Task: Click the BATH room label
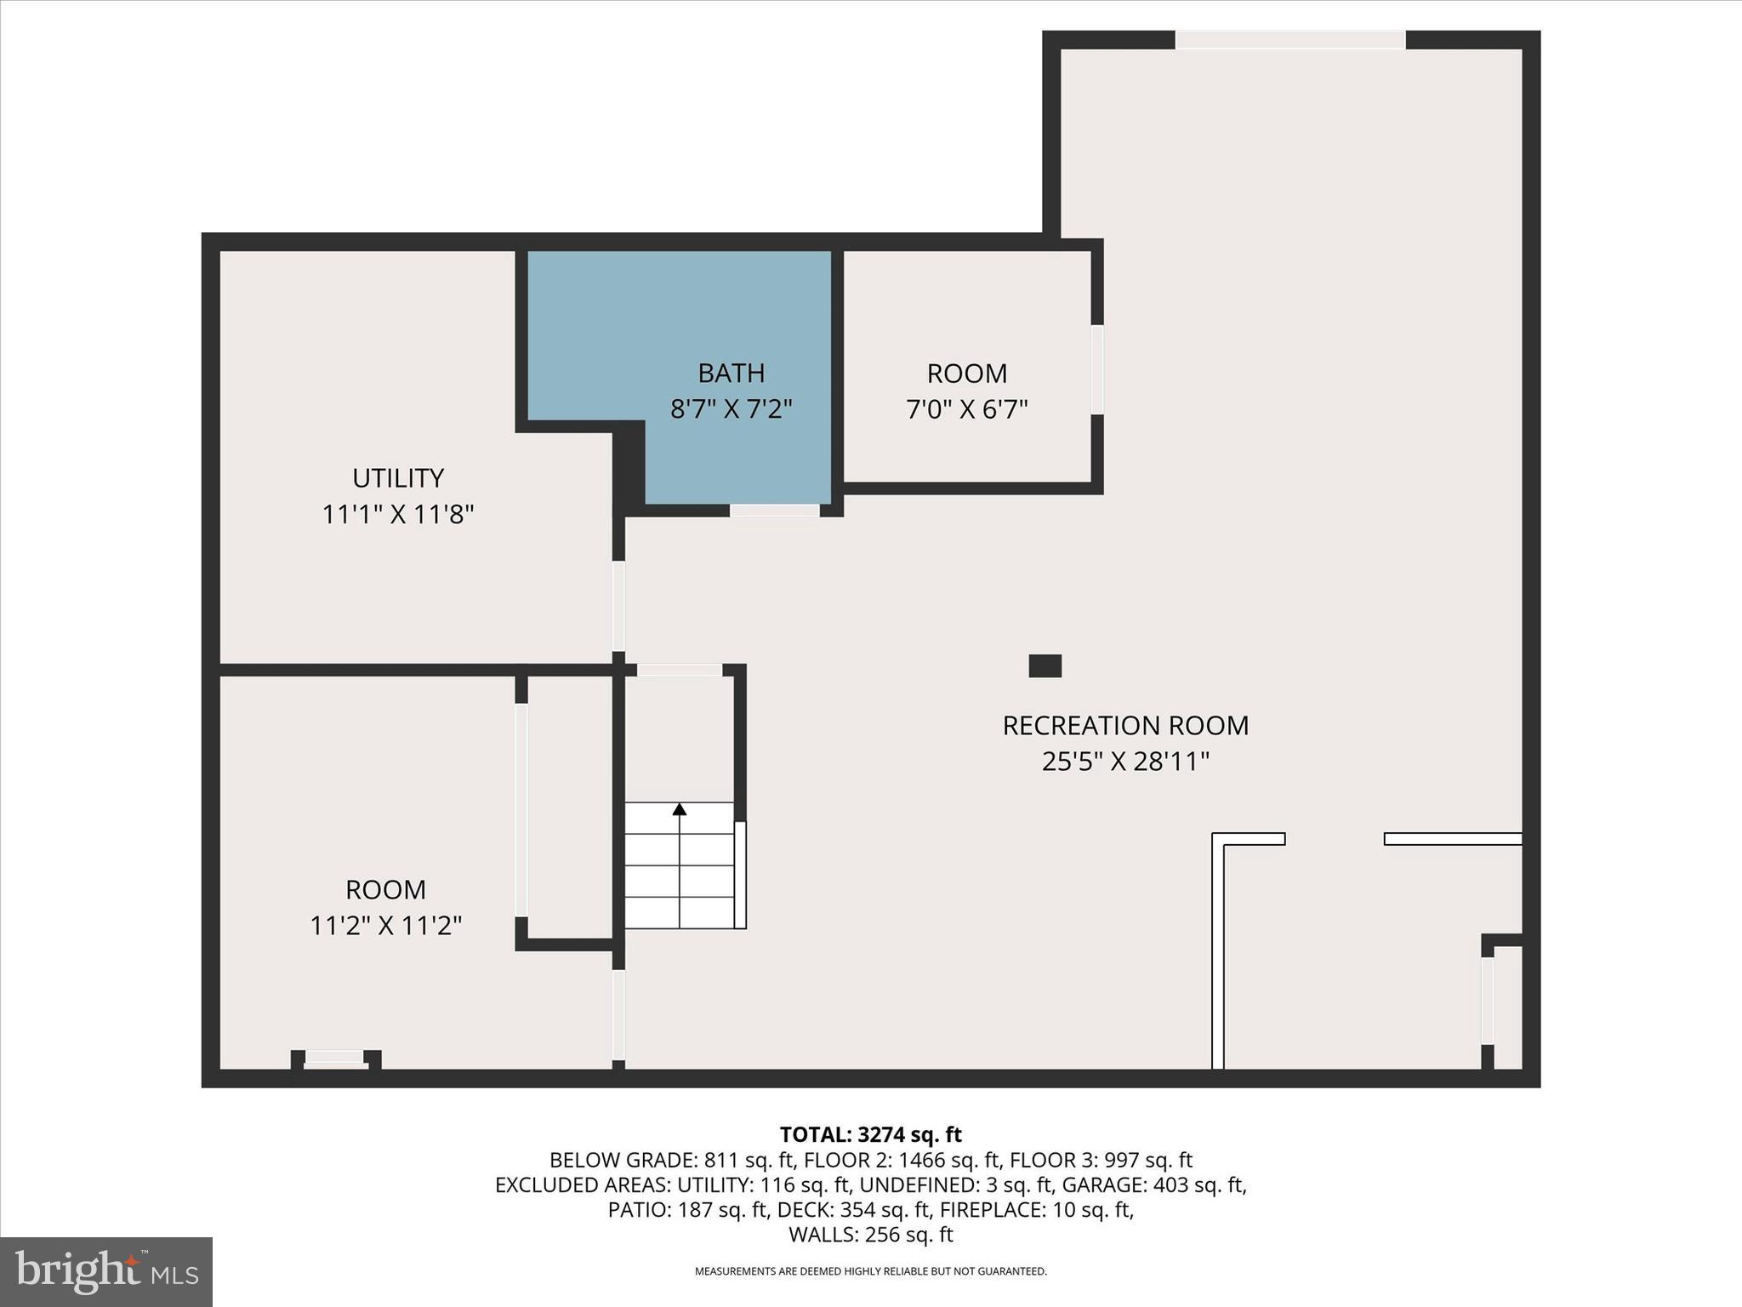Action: tap(731, 373)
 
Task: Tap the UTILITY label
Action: tap(398, 478)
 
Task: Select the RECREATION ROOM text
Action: tap(1124, 726)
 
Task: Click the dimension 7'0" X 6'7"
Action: tap(966, 410)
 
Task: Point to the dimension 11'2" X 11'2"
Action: tap(385, 926)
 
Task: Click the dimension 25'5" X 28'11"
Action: tap(1124, 762)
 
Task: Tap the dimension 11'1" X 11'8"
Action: tap(397, 515)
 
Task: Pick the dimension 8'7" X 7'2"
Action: tap(731, 409)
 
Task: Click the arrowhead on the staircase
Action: tap(679, 808)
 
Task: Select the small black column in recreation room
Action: tap(1045, 665)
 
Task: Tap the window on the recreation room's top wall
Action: tap(1289, 40)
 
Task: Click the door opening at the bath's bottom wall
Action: tap(774, 511)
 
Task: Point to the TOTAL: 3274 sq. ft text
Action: tap(870, 1134)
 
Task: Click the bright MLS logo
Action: tap(106, 1271)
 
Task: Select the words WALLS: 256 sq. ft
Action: tap(870, 1235)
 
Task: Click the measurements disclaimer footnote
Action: tap(870, 1271)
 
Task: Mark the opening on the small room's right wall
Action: tap(1097, 369)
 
